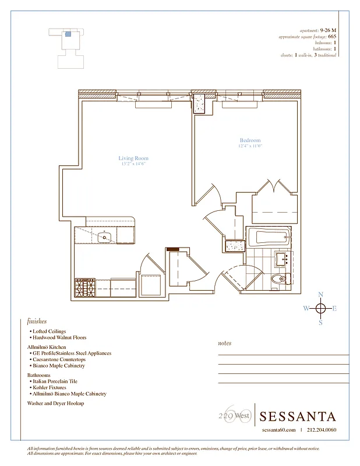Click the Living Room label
pyautogui.click(x=133, y=158)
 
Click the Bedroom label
pyautogui.click(x=250, y=140)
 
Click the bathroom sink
pyautogui.click(x=284, y=258)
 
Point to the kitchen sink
pyautogui.click(x=105, y=237)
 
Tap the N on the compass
pyautogui.click(x=320, y=294)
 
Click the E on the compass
pyautogui.click(x=334, y=309)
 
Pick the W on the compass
pyautogui.click(x=306, y=309)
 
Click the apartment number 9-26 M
pyautogui.click(x=328, y=30)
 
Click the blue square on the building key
pyautogui.click(x=68, y=34)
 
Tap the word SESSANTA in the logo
pyautogui.click(x=298, y=416)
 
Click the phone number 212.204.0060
pyautogui.click(x=321, y=430)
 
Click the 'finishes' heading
pyautogui.click(x=37, y=321)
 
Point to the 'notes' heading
pyautogui.click(x=224, y=343)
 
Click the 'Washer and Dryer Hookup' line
pyautogui.click(x=55, y=403)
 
